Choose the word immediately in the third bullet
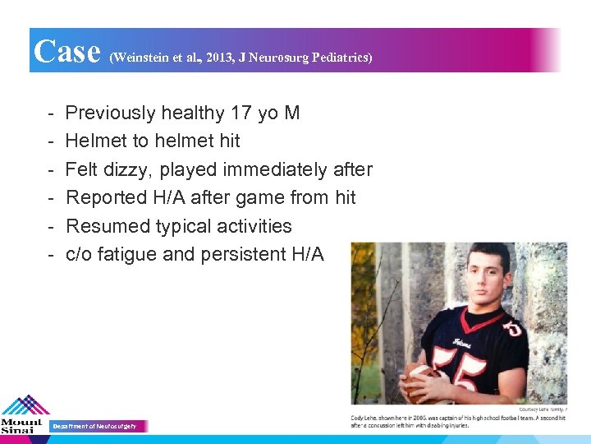282,169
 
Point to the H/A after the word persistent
308,254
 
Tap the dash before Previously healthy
50,113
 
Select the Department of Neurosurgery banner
98,426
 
